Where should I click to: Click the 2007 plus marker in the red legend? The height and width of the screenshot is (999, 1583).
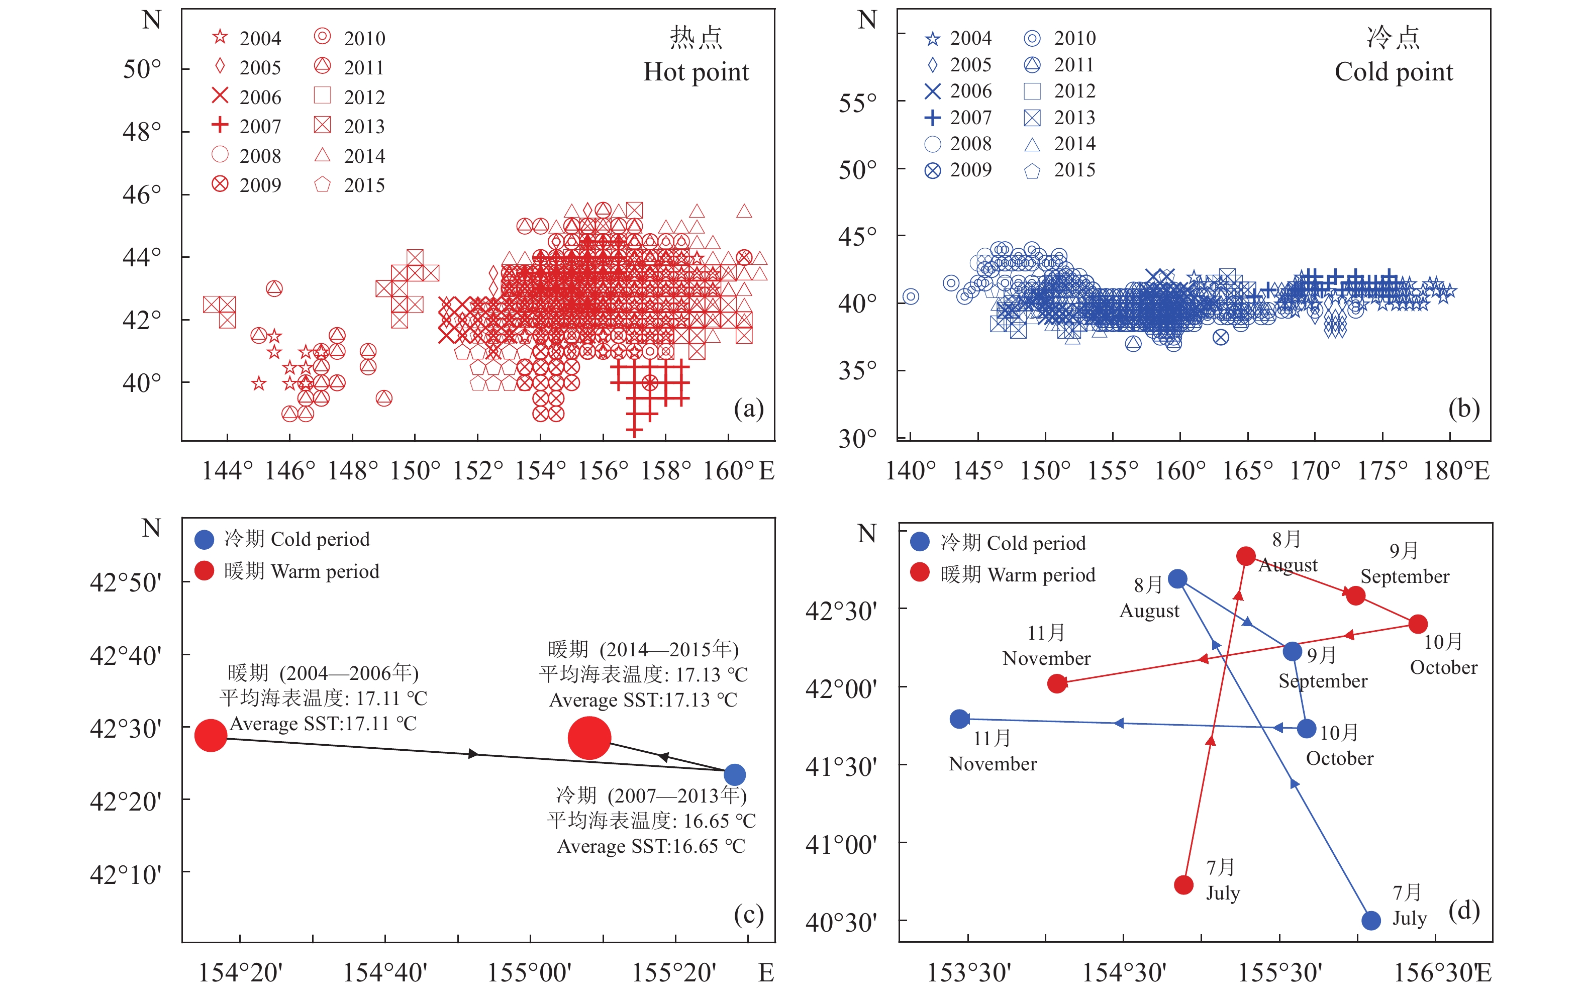tap(220, 125)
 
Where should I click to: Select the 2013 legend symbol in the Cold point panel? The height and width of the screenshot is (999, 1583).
tap(1032, 118)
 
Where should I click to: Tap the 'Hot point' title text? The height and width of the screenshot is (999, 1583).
tap(696, 72)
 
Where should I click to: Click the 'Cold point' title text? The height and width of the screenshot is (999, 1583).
tap(1394, 72)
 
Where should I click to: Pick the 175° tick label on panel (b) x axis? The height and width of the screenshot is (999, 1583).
tap(1382, 470)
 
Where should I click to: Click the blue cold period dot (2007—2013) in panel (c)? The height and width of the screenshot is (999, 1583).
tap(734, 774)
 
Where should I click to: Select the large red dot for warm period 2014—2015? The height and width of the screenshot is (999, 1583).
tap(589, 738)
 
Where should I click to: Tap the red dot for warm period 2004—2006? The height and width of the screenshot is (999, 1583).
tap(211, 736)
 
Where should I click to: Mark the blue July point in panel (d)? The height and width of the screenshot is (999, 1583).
tap(1370, 920)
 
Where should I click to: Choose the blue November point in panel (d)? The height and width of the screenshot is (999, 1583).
tap(959, 719)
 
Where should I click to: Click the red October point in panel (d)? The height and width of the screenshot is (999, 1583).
tap(1418, 624)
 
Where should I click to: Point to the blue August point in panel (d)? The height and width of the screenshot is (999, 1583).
tap(1177, 579)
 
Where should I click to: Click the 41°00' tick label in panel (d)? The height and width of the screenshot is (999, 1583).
tap(841, 845)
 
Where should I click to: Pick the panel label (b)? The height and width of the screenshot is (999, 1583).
tap(1463, 409)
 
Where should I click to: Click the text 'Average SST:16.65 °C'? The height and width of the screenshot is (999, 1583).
tap(651, 846)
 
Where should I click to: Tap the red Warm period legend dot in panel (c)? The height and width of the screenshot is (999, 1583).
tap(205, 570)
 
